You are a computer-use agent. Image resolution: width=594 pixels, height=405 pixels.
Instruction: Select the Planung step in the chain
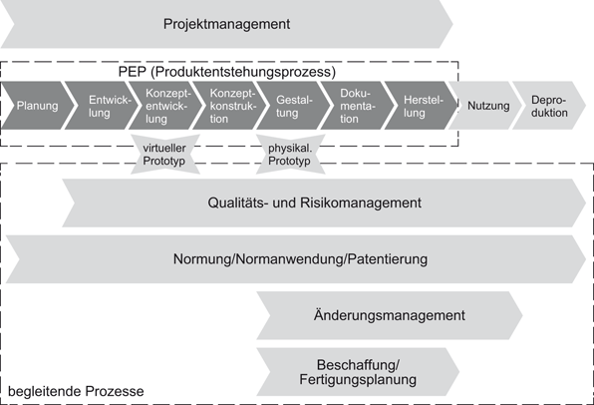pyautogui.click(x=37, y=107)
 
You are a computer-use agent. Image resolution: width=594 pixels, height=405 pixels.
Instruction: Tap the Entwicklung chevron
pyautogui.click(x=103, y=107)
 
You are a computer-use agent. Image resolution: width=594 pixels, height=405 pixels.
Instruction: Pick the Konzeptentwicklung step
pyautogui.click(x=164, y=107)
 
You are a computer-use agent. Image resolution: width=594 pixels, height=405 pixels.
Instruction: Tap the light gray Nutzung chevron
pyautogui.click(x=487, y=107)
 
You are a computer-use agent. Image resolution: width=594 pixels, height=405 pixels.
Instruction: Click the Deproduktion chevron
pyautogui.click(x=548, y=107)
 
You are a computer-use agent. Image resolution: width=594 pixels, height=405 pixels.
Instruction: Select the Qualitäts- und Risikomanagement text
pyautogui.click(x=314, y=203)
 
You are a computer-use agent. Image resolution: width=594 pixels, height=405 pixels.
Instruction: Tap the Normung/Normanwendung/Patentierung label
pyautogui.click(x=299, y=259)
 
